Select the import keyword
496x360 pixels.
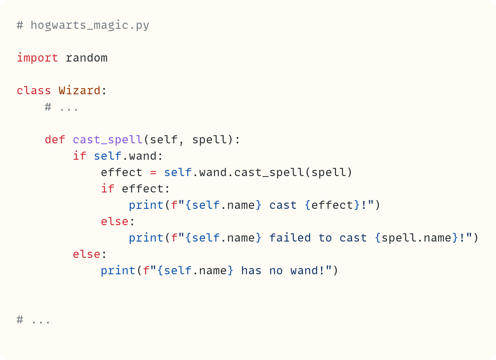tap(37, 58)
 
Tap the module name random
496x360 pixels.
tap(86, 58)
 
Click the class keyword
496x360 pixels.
tap(34, 91)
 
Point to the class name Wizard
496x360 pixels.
tap(79, 91)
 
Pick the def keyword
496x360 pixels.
tap(55, 140)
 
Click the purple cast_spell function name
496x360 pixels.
tap(108, 140)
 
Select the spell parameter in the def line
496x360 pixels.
tap(209, 140)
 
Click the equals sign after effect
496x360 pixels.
tap(153, 173)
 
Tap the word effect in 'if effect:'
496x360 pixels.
tap(143, 189)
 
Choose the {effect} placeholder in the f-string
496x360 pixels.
tap(332, 205)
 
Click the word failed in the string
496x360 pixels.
tap(290, 238)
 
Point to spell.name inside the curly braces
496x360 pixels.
tap(416, 238)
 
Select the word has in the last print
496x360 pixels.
tap(251, 271)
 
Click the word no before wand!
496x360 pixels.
tap(276, 271)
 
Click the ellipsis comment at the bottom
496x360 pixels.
tap(34, 320)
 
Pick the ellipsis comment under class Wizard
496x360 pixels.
tap(62, 107)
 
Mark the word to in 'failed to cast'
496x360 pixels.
tap(325, 238)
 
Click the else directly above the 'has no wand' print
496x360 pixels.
tap(86, 254)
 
